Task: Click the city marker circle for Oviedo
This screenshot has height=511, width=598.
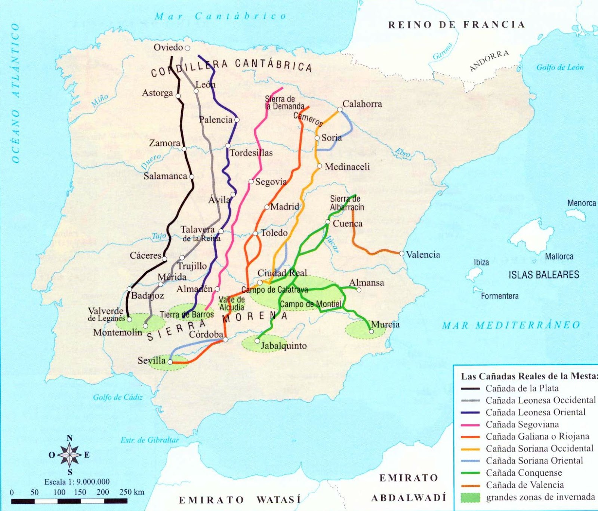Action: [x=188, y=48]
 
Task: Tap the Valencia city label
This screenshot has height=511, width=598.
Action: [x=423, y=255]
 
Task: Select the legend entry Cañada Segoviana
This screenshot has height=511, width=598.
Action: [x=522, y=424]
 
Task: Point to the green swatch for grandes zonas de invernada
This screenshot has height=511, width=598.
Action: [x=470, y=498]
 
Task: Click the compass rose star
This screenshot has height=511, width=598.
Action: [x=70, y=455]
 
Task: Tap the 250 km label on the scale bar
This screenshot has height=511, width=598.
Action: [x=132, y=492]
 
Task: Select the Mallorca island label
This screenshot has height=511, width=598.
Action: [x=559, y=256]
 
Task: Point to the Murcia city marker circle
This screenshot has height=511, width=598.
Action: [x=371, y=332]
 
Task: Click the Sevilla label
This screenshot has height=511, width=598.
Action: [x=151, y=360]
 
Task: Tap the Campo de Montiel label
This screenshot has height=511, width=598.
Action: [x=310, y=304]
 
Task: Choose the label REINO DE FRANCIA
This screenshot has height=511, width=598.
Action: [x=456, y=25]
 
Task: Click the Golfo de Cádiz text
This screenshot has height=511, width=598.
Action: [x=118, y=397]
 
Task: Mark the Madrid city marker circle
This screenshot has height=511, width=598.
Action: [x=267, y=207]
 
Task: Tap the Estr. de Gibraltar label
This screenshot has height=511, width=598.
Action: [x=149, y=440]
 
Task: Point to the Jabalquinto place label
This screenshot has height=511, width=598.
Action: [x=283, y=346]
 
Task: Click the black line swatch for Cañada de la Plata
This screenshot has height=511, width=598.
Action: [x=470, y=388]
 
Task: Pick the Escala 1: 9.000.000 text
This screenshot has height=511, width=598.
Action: [x=77, y=482]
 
